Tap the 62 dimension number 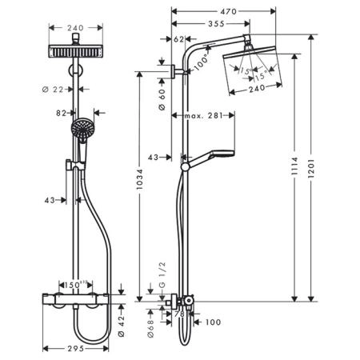179,38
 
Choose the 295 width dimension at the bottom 76,349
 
